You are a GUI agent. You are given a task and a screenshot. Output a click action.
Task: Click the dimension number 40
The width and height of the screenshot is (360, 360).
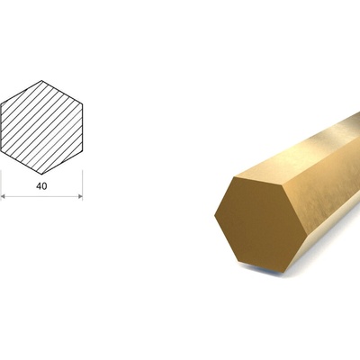pos(41,186)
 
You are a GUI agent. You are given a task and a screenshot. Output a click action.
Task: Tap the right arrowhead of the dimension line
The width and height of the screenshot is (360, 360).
pos(80,196)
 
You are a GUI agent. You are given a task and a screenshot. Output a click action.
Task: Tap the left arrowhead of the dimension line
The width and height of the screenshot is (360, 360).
pos(3,196)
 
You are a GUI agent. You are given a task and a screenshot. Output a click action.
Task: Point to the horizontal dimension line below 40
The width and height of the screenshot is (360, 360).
pos(41,196)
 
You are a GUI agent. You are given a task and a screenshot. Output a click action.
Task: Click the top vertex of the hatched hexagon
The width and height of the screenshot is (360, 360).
pos(41,80)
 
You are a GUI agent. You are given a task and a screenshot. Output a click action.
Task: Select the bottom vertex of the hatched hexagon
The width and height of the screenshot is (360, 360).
pos(41,174)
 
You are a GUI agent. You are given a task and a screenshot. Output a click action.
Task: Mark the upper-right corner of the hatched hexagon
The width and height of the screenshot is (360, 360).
pos(82,103)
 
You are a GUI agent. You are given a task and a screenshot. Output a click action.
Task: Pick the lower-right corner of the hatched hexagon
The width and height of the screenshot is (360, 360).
pos(82,150)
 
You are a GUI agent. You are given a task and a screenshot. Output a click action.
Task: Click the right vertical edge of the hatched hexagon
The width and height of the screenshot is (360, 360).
pos(82,127)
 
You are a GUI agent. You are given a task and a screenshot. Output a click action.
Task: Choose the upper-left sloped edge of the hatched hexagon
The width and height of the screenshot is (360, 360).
pos(21,92)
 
